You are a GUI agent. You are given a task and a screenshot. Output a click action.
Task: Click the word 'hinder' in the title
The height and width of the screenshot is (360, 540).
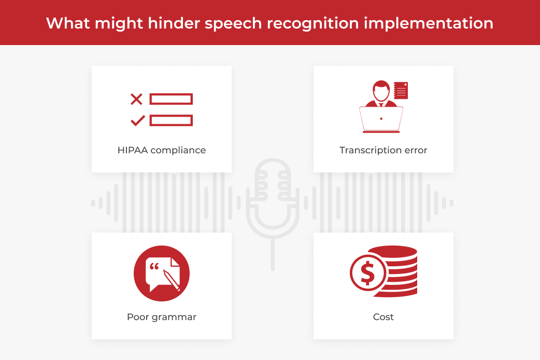point(167,23)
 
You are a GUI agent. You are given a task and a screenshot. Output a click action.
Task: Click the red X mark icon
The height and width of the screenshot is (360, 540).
point(136,99)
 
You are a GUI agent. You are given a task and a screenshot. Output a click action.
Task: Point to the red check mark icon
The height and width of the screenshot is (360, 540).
point(137,121)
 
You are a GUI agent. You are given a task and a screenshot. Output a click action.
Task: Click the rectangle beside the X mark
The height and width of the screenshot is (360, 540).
point(171,99)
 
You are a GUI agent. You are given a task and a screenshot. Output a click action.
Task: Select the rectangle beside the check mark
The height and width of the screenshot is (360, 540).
point(171,121)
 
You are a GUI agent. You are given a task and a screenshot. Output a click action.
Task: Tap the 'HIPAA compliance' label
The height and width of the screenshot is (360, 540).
point(162,150)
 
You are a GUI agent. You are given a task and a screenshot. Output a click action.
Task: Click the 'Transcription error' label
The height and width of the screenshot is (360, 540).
point(383,150)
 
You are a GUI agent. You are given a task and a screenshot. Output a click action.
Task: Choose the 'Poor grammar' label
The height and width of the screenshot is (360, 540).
point(162,316)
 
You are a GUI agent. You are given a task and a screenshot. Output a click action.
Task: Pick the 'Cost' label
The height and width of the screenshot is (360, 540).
point(383,316)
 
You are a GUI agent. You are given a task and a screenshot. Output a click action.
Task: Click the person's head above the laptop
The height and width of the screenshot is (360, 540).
point(381,91)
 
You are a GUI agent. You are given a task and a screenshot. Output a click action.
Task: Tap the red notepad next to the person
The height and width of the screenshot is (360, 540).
point(401,91)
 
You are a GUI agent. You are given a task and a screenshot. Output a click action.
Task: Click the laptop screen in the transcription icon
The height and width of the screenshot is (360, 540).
point(381,119)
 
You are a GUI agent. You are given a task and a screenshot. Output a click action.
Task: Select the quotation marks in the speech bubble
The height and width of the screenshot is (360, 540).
point(154,267)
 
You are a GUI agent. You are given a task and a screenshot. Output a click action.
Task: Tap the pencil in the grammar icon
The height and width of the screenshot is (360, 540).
point(171,279)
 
